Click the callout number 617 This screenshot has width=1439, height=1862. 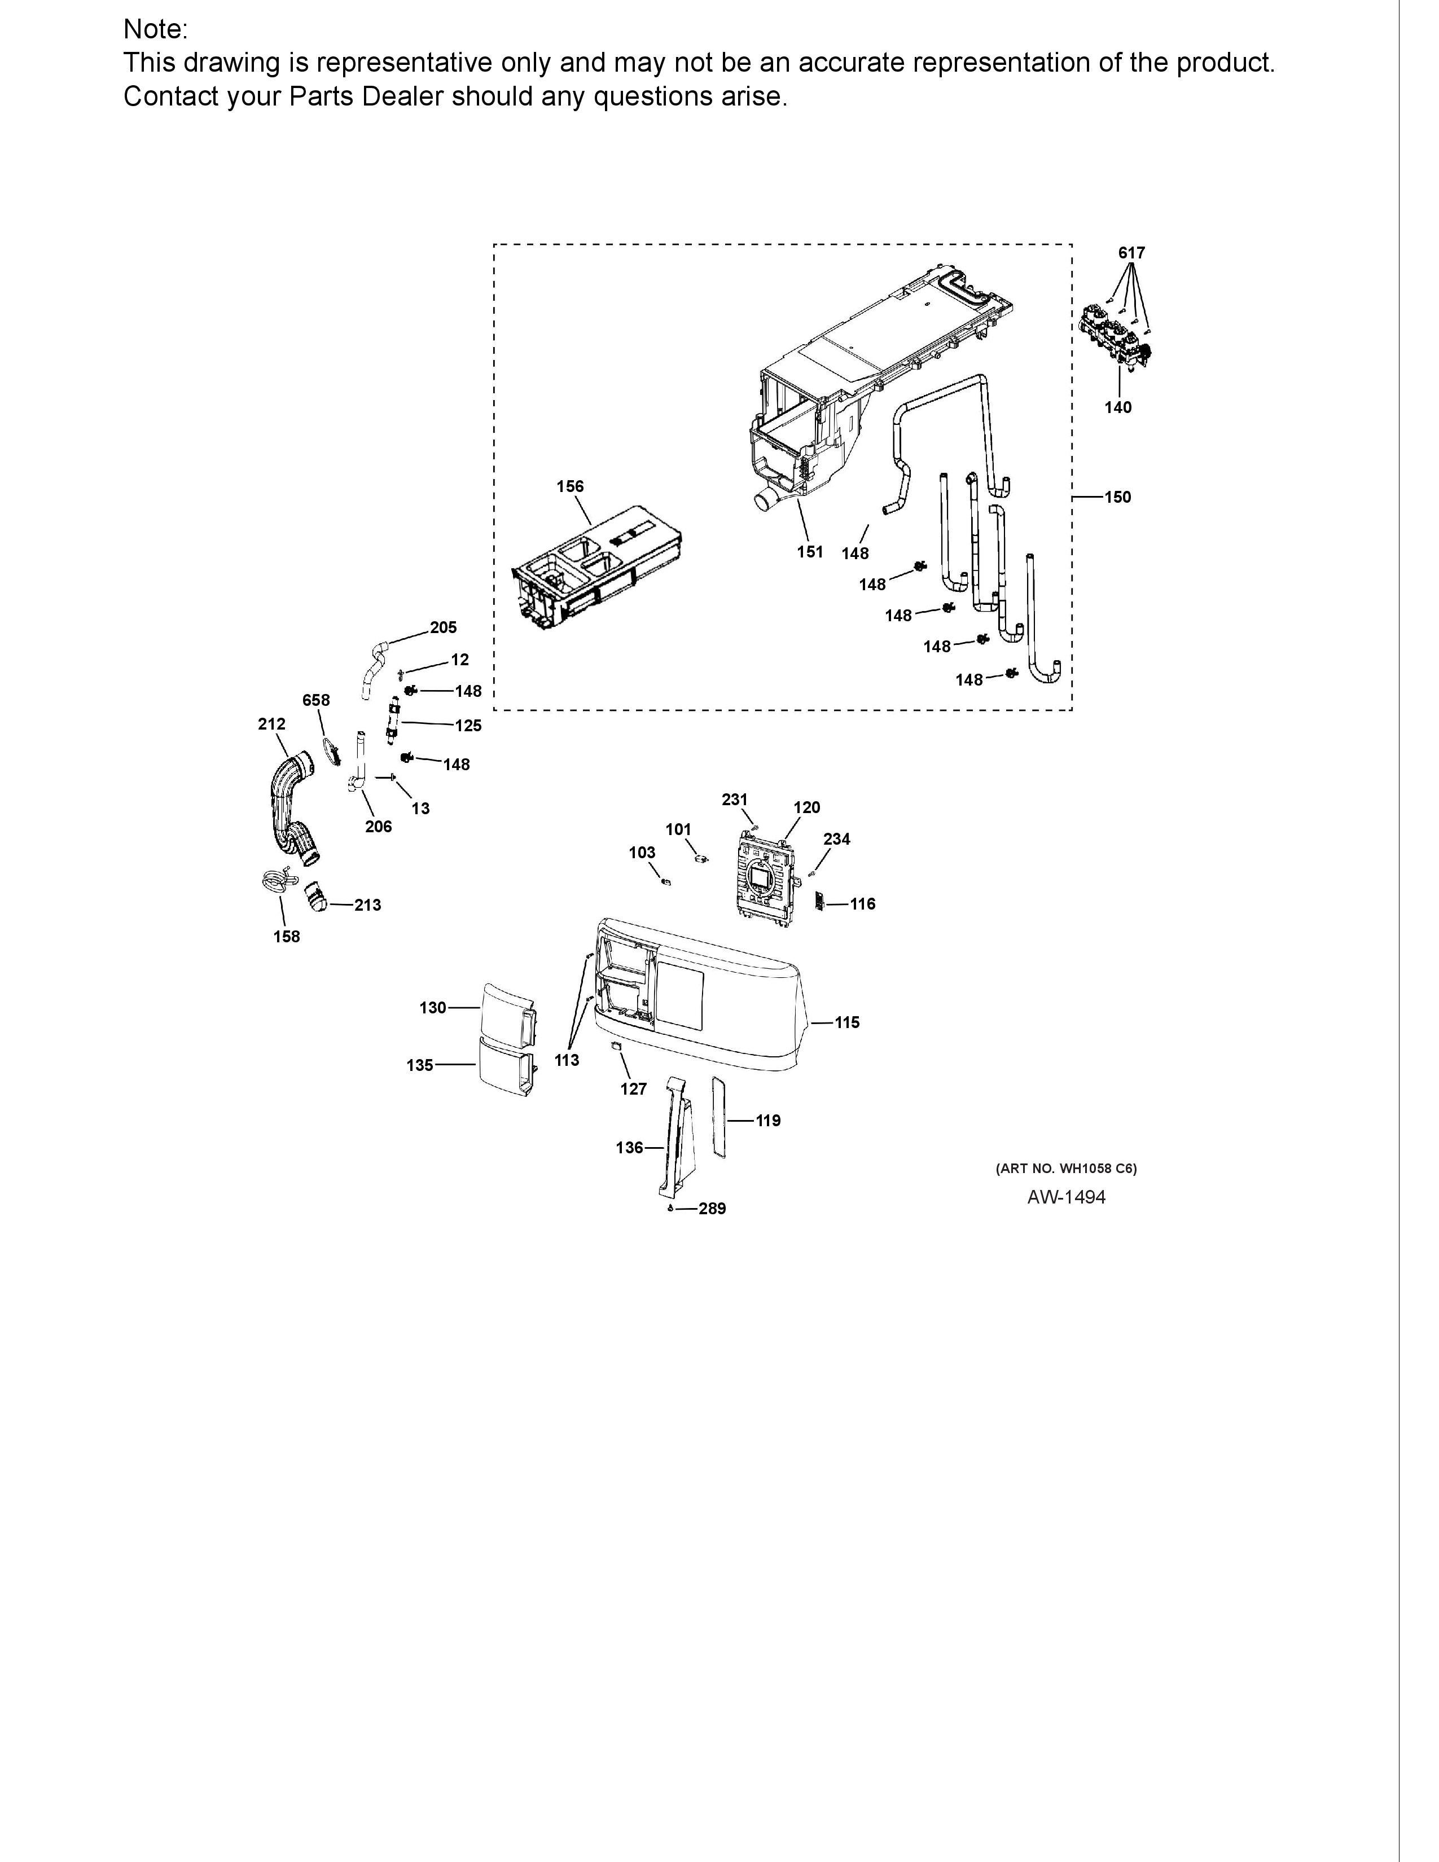[1131, 252]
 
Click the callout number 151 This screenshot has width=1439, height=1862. [810, 552]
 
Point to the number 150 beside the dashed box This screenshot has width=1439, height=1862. [1117, 497]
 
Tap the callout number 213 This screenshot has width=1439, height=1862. [367, 904]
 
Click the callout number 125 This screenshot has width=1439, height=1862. [468, 726]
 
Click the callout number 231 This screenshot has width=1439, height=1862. [734, 799]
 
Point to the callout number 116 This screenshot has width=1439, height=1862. [863, 904]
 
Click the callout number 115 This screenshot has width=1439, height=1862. [846, 1022]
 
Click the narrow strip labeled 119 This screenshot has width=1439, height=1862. [718, 1117]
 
